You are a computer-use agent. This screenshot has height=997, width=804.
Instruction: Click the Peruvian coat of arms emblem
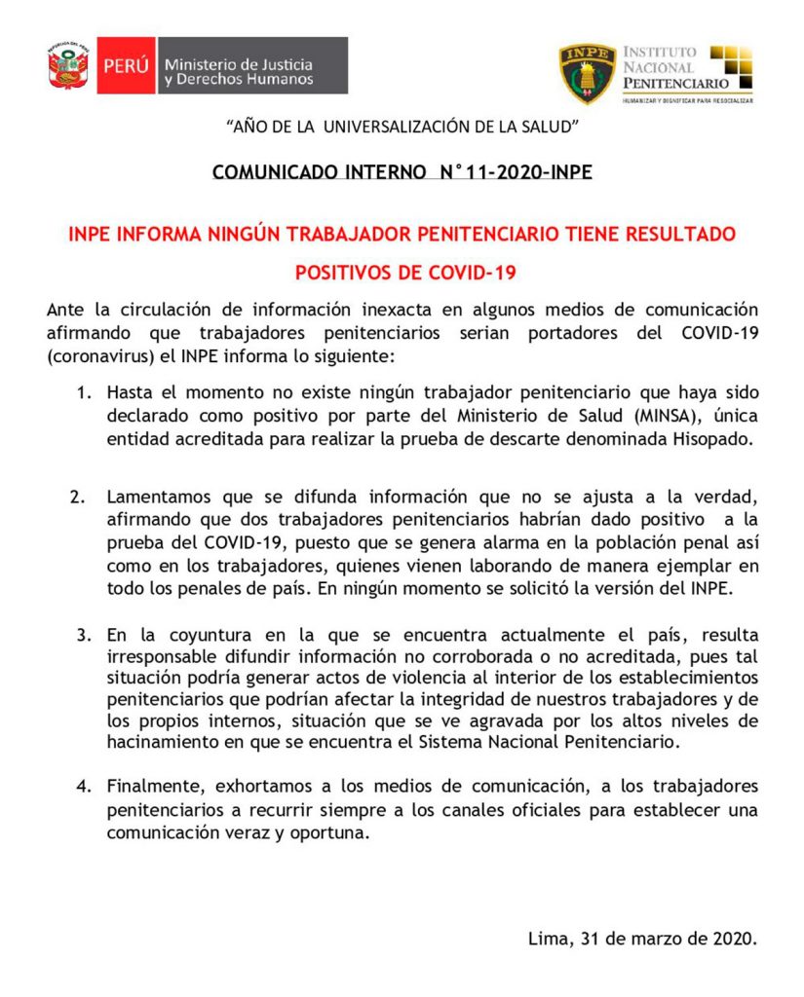click(x=69, y=65)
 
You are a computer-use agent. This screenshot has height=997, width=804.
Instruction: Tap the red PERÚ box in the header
click(x=126, y=66)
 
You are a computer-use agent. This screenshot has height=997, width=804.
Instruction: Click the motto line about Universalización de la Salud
click(x=402, y=127)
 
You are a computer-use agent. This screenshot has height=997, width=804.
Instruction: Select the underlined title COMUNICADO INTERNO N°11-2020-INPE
click(x=402, y=173)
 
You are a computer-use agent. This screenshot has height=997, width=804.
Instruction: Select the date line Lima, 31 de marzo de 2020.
click(x=641, y=940)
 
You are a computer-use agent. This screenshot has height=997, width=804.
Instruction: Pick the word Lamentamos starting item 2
click(x=154, y=496)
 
